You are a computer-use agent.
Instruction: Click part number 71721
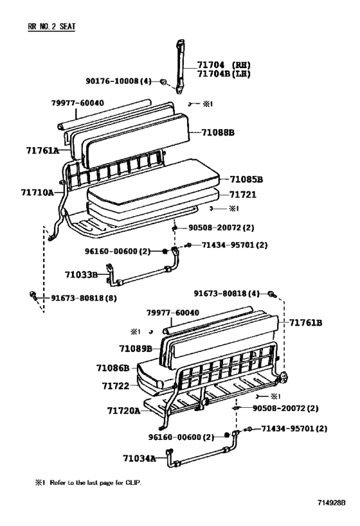click(x=243, y=193)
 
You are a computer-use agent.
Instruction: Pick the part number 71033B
click(x=80, y=274)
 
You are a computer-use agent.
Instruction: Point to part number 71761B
click(x=305, y=322)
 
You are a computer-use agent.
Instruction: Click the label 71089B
click(x=135, y=348)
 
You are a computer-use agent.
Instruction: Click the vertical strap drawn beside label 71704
click(x=179, y=64)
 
